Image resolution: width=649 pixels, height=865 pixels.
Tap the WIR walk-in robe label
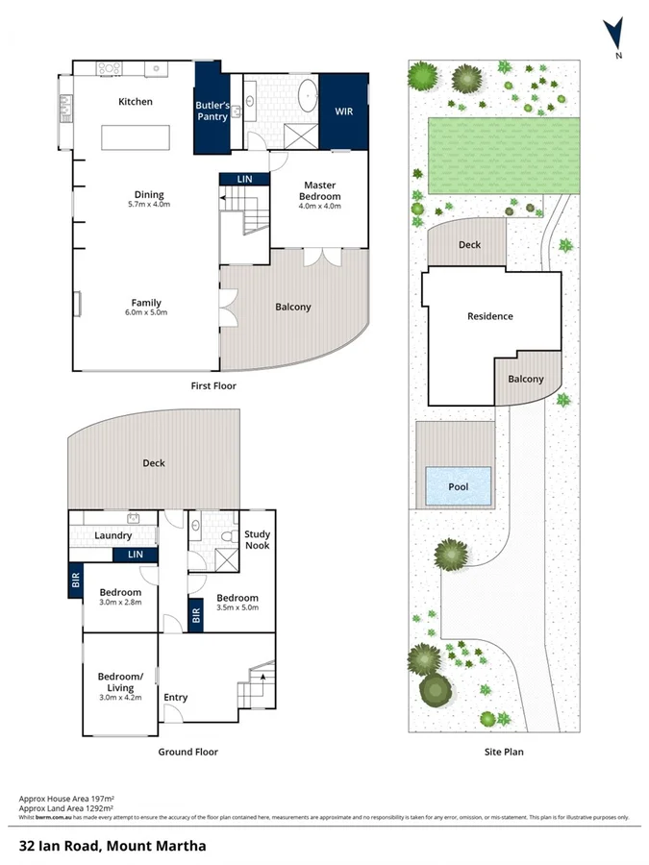343,111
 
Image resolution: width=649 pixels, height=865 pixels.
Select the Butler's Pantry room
212,111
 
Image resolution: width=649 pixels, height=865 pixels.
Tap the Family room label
146,308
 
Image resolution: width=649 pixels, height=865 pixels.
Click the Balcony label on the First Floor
292,307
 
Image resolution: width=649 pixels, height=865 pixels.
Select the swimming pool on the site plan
459,486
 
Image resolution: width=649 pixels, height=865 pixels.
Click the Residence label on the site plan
490,316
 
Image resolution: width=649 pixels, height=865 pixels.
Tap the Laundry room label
112,535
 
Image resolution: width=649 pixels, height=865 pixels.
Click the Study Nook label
257,540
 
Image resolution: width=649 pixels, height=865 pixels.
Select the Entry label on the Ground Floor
176,698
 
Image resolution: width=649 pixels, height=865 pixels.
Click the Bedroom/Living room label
120,681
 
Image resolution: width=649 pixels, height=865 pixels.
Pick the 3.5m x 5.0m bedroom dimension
237,608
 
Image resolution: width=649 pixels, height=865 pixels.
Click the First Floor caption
213,385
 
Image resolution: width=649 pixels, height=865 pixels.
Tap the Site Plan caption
505,753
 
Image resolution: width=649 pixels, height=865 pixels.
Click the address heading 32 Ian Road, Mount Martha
112,847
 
